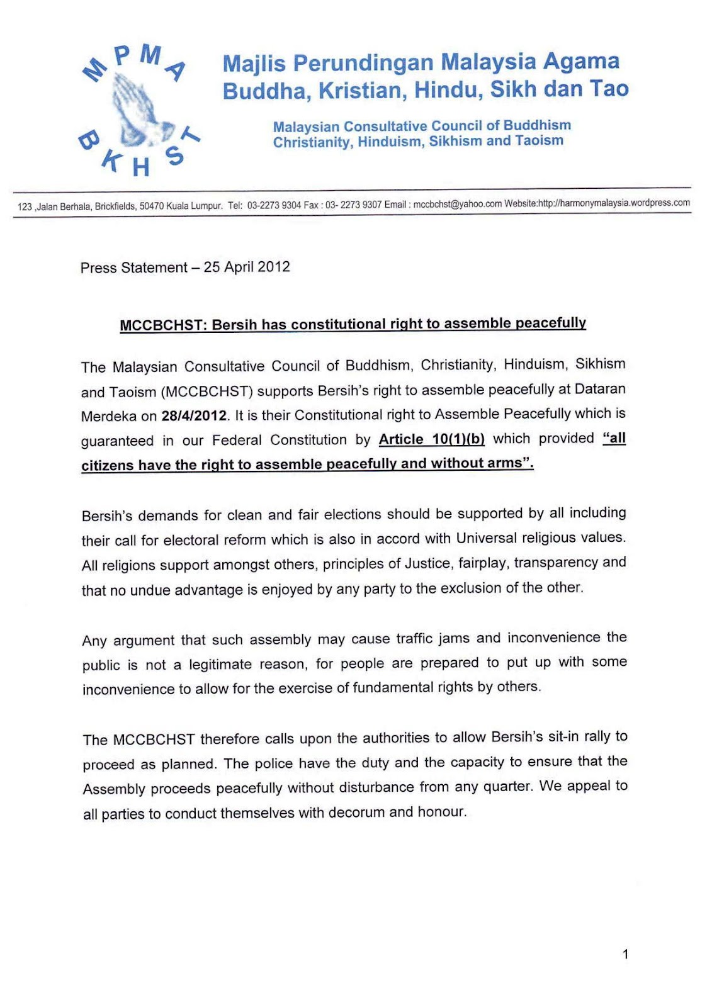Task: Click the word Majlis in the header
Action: coord(254,63)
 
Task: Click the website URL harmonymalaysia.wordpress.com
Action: coord(614,203)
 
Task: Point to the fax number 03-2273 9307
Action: coord(353,205)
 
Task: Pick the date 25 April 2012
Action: coord(247,267)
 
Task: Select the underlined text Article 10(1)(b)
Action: coord(432,439)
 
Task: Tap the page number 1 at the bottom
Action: coord(625,954)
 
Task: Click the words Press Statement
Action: coord(133,268)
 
